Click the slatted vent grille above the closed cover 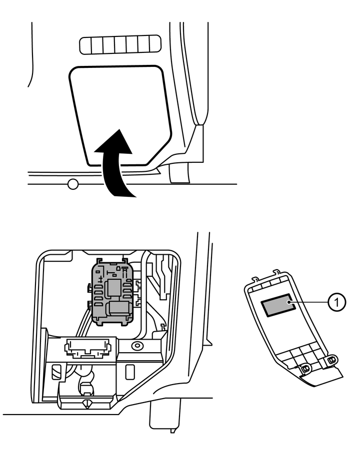(x=120, y=44)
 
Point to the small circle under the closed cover (x=73, y=184)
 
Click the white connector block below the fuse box (x=88, y=348)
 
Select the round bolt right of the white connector (x=135, y=346)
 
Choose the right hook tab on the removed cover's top (x=275, y=272)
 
